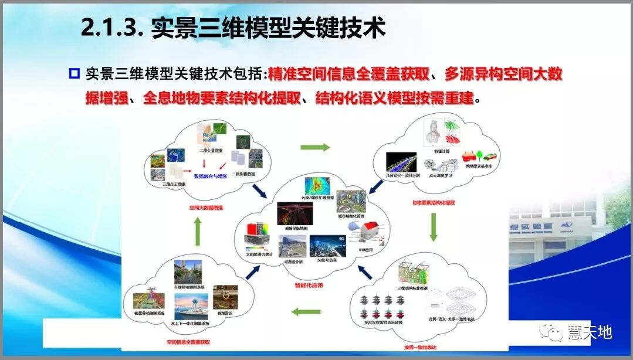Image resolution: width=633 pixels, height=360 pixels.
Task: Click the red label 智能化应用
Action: tap(309, 286)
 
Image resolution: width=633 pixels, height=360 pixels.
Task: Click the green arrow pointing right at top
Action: tap(315, 147)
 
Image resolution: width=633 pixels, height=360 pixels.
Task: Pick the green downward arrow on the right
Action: tap(434, 227)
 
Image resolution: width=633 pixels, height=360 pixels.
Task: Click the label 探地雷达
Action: tap(225, 313)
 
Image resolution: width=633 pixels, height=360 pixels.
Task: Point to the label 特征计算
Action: tap(442, 151)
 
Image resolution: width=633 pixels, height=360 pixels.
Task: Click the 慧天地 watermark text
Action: tap(589, 332)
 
